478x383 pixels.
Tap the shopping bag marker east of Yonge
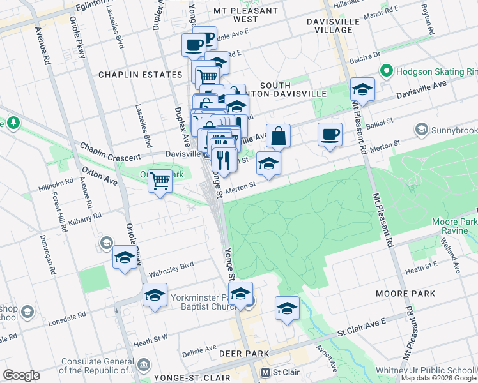tap(278, 136)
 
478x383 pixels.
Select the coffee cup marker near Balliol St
tap(330, 135)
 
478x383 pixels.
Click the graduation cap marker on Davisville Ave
tap(362, 90)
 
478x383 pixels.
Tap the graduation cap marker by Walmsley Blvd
tap(124, 258)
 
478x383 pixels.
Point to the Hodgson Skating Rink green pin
tap(386, 70)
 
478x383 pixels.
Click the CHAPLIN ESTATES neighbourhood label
tap(140, 75)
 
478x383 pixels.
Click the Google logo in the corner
tap(21, 375)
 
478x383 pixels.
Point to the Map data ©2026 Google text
tap(438, 378)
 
